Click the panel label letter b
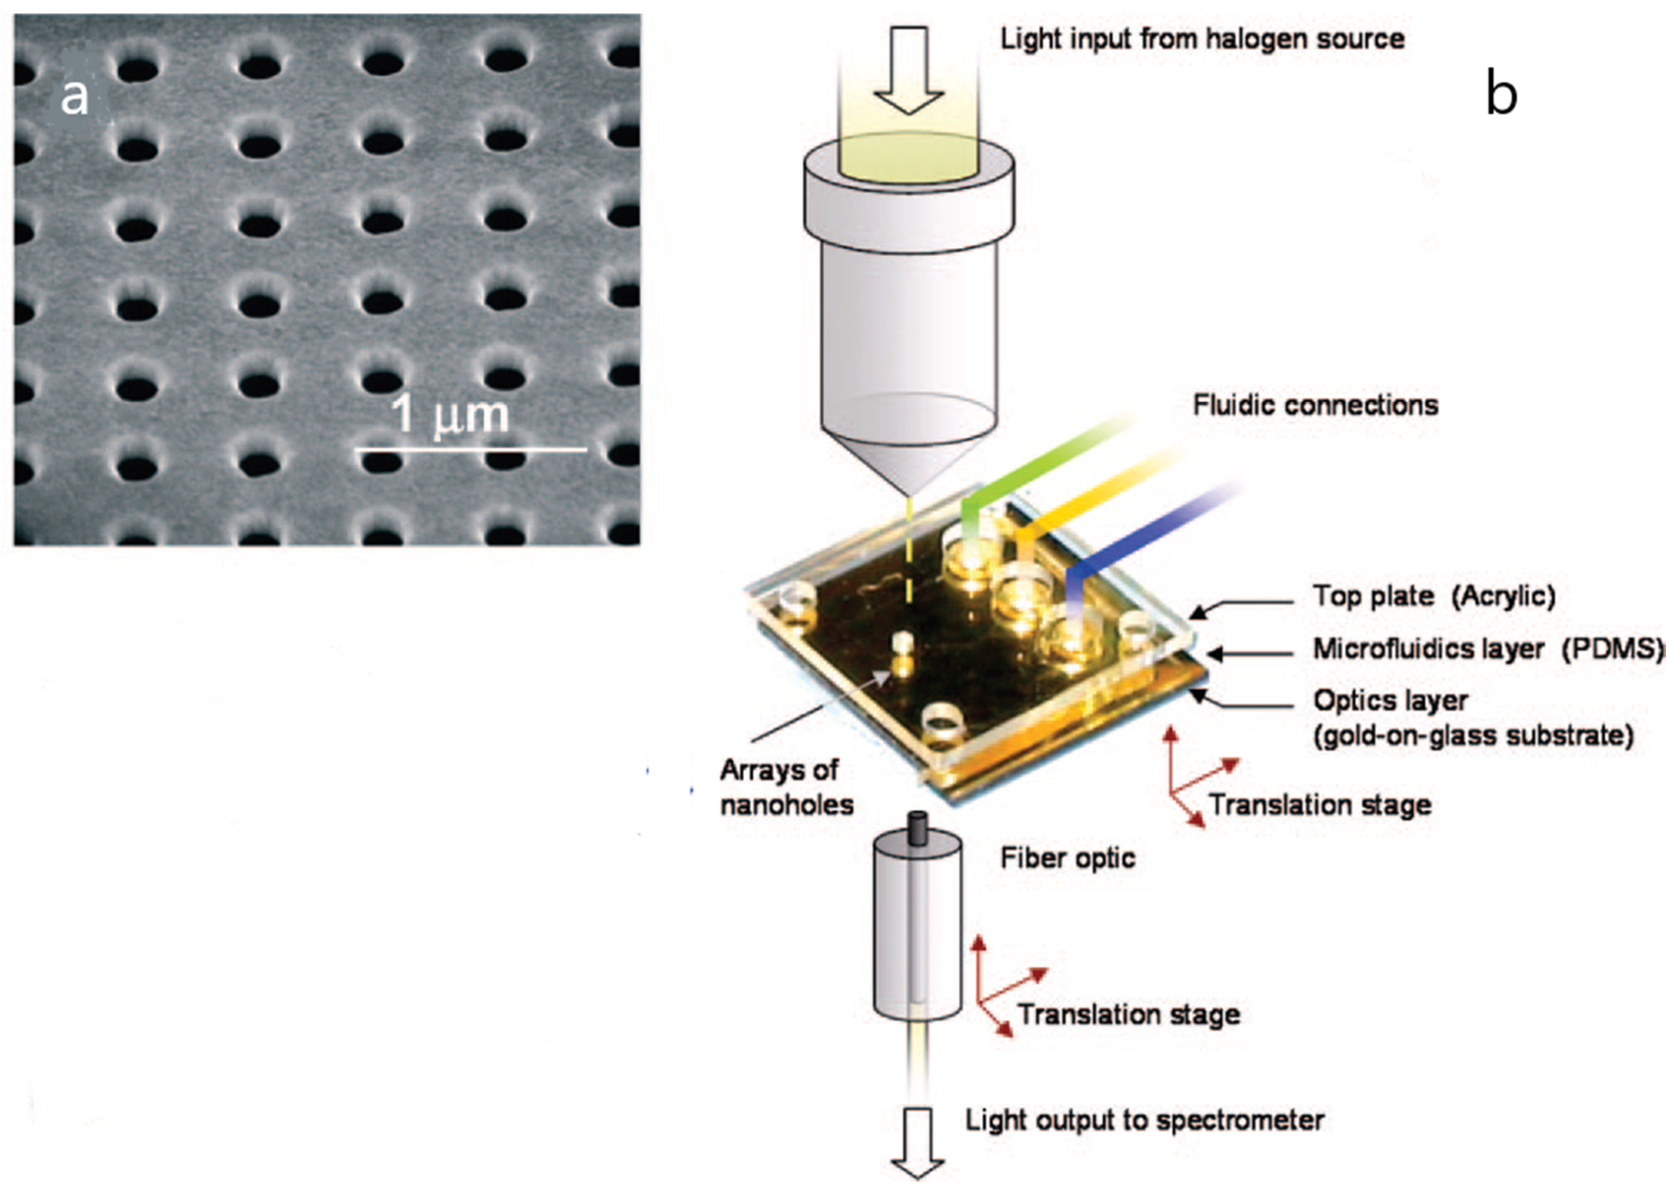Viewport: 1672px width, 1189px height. tap(1501, 94)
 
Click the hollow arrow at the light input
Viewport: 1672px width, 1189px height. tap(910, 69)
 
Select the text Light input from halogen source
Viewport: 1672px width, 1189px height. tap(1202, 39)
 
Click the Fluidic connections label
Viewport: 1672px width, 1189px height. tap(1315, 405)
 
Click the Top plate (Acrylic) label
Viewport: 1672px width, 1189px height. tap(1433, 596)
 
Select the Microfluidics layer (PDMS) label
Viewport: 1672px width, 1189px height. tap(1486, 648)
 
